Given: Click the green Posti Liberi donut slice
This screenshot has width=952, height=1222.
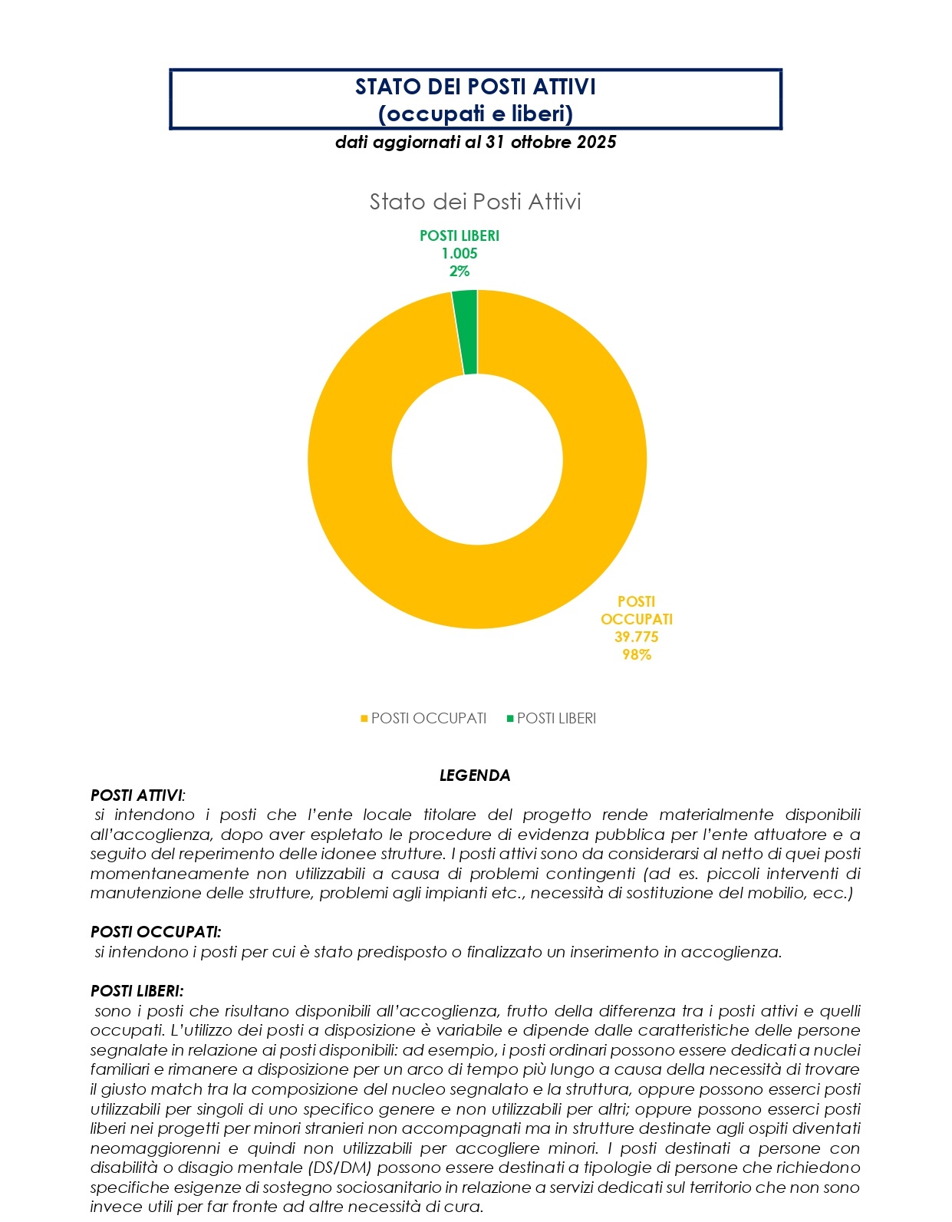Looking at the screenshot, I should [x=466, y=332].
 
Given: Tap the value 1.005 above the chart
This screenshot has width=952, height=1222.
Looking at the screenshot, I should [x=459, y=253].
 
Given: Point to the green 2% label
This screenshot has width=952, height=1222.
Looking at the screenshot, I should [x=459, y=271].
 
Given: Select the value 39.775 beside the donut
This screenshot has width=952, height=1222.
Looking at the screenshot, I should [x=636, y=637].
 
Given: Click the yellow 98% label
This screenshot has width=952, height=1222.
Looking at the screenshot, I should [x=636, y=654].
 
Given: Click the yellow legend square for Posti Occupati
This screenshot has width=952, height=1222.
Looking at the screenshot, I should [x=364, y=719].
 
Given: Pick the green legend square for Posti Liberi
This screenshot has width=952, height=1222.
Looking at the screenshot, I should [x=510, y=719].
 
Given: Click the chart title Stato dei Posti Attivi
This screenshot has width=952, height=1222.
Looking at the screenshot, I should [x=475, y=202].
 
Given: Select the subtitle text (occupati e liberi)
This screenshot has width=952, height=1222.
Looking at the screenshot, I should [x=475, y=114].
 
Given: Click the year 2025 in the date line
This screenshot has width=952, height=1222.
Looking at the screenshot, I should [x=597, y=142].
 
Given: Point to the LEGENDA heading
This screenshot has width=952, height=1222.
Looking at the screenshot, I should [x=475, y=776].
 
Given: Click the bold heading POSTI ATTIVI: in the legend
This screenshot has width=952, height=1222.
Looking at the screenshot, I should [x=137, y=795].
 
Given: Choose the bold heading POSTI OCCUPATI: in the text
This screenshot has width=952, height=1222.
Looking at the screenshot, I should [x=156, y=932].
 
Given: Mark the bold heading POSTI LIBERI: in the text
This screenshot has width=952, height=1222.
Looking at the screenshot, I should [x=137, y=991].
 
